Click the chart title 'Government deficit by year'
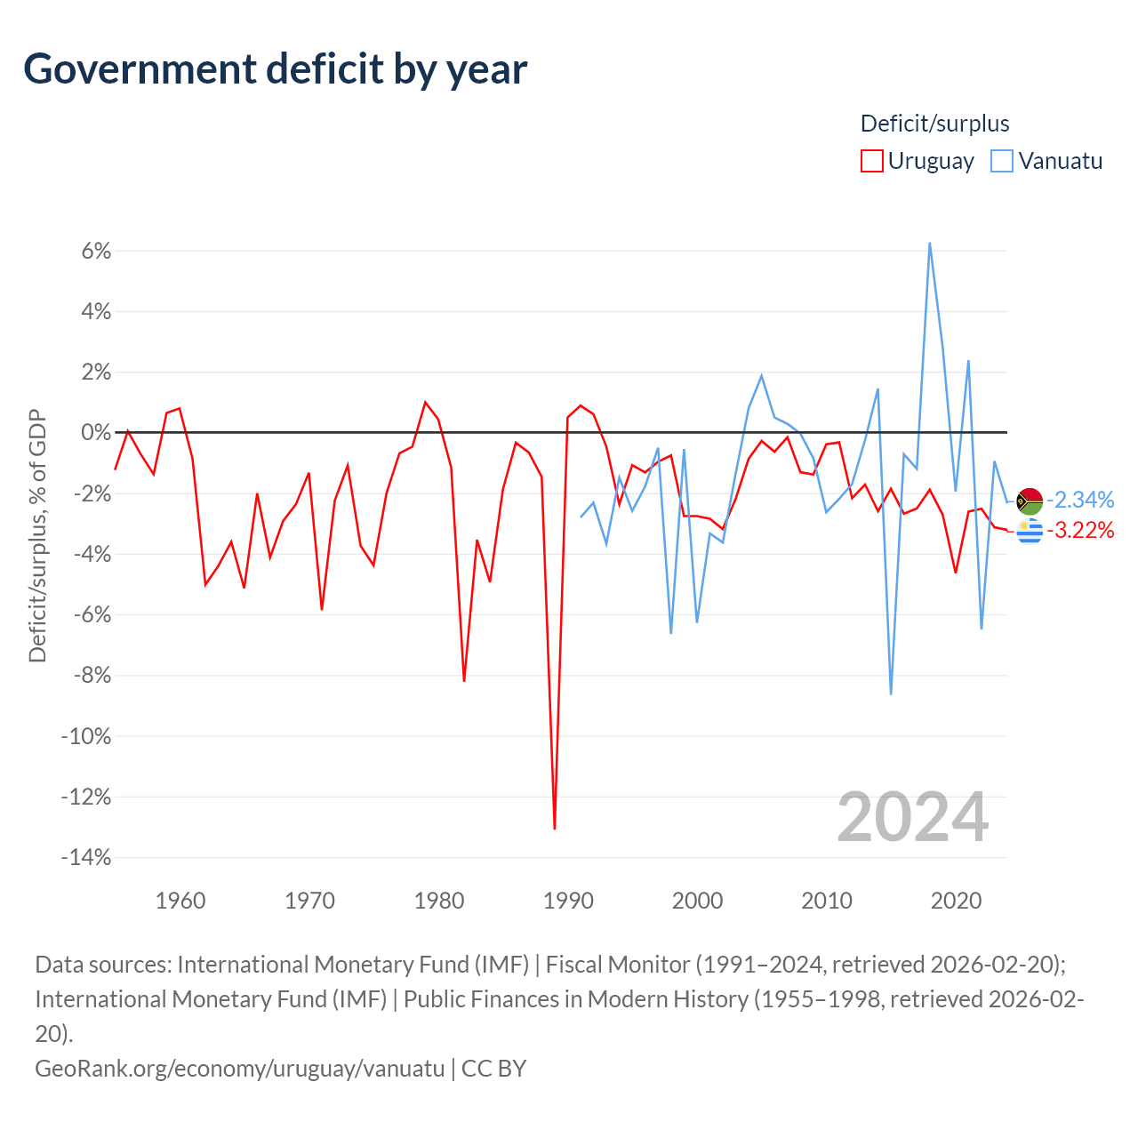275,69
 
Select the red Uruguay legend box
871,161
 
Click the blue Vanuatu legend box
1002,161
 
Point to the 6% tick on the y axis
96,251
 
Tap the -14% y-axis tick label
86,857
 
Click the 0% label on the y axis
96,432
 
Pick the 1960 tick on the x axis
180,901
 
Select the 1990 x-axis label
568,901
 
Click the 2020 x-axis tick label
956,901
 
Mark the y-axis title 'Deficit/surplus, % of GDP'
38,535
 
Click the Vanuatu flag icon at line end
1030,501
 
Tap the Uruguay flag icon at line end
1030,531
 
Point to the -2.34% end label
1080,500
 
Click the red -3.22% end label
1080,530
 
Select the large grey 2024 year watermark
912,817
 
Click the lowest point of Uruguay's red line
555,829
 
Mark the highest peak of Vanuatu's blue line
930,243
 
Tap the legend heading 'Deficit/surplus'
934,124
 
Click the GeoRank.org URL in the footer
240,1069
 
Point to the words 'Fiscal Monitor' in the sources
618,965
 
